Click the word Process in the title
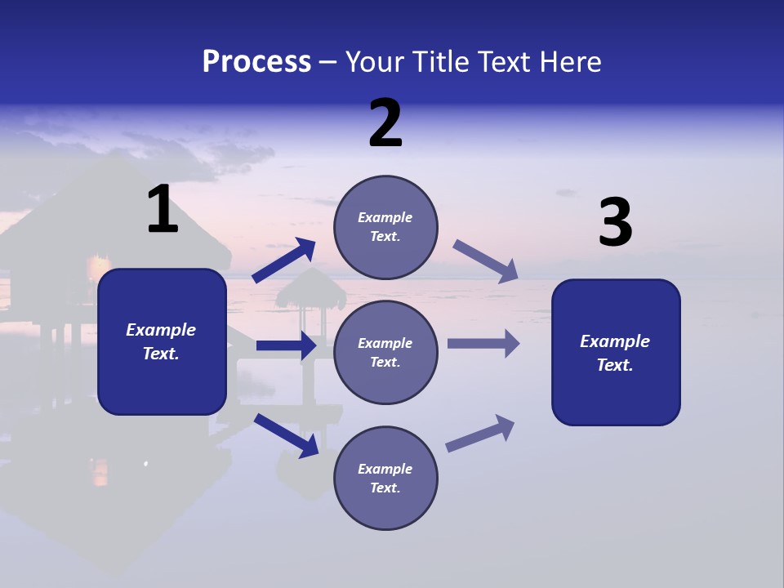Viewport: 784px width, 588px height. pyautogui.click(x=256, y=61)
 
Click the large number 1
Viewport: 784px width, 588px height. pyautogui.click(x=163, y=210)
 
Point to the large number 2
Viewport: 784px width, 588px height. pyautogui.click(x=385, y=123)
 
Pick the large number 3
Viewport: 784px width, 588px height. pyautogui.click(x=615, y=223)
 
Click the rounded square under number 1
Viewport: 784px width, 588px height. pyautogui.click(x=162, y=341)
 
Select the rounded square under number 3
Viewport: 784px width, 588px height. pyautogui.click(x=616, y=353)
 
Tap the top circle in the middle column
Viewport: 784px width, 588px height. pyautogui.click(x=385, y=227)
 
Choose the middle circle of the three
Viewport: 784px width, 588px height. pyautogui.click(x=385, y=352)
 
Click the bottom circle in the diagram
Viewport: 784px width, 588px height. pyautogui.click(x=385, y=478)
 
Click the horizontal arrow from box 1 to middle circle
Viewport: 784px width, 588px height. pyautogui.click(x=286, y=345)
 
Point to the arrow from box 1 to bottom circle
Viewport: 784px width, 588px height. pyautogui.click(x=286, y=435)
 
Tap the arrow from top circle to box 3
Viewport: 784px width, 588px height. pyautogui.click(x=486, y=260)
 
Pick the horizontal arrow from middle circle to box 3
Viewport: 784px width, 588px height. pyautogui.click(x=483, y=343)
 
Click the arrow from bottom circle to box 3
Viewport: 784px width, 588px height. pyautogui.click(x=480, y=433)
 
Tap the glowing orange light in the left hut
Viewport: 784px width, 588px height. pyautogui.click(x=100, y=265)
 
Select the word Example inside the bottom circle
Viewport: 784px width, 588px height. pyautogui.click(x=385, y=469)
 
